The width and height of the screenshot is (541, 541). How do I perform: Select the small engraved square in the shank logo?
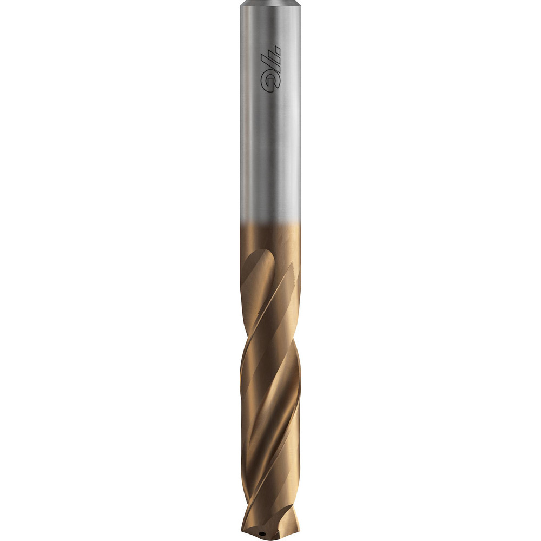278,52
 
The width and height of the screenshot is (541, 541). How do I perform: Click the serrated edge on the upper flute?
291,270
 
